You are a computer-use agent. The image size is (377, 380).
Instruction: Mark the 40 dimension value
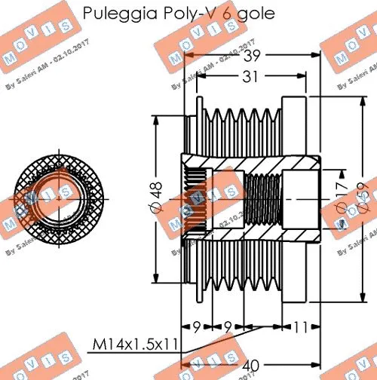point(253,366)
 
